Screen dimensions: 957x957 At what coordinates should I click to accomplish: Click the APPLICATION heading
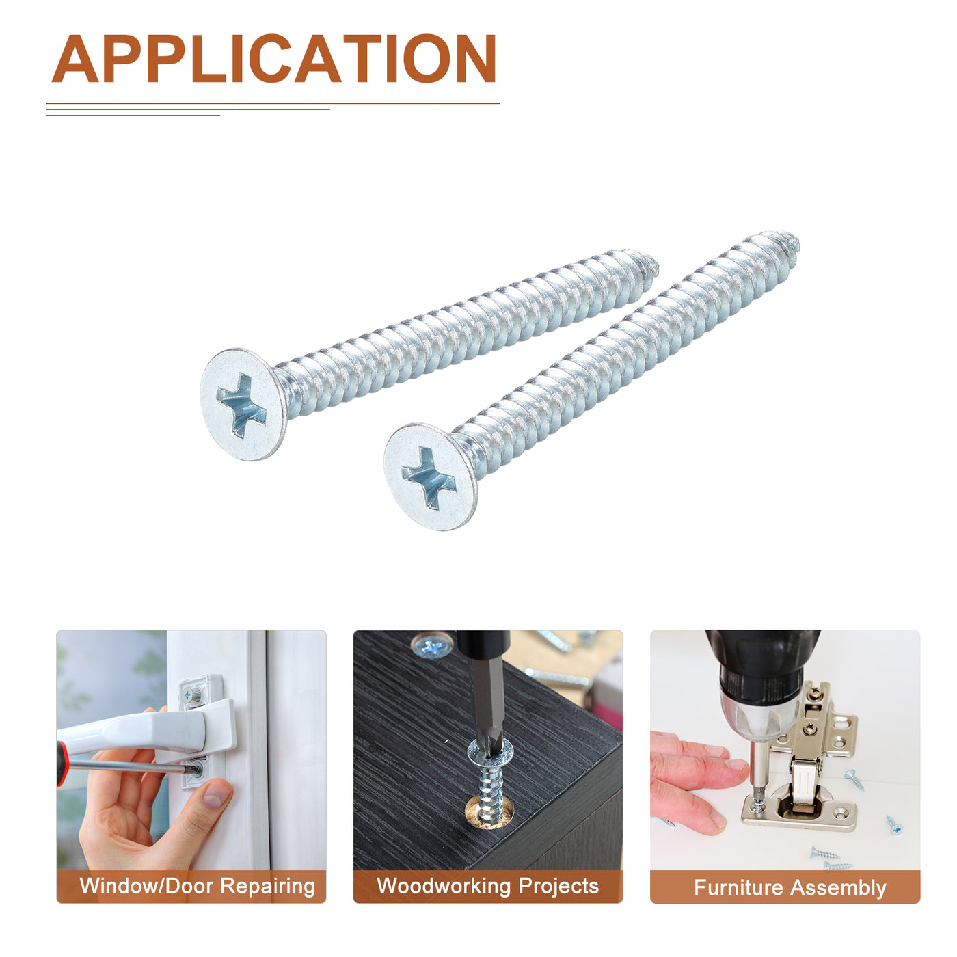273,58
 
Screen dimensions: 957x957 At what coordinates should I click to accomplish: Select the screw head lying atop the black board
431,646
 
